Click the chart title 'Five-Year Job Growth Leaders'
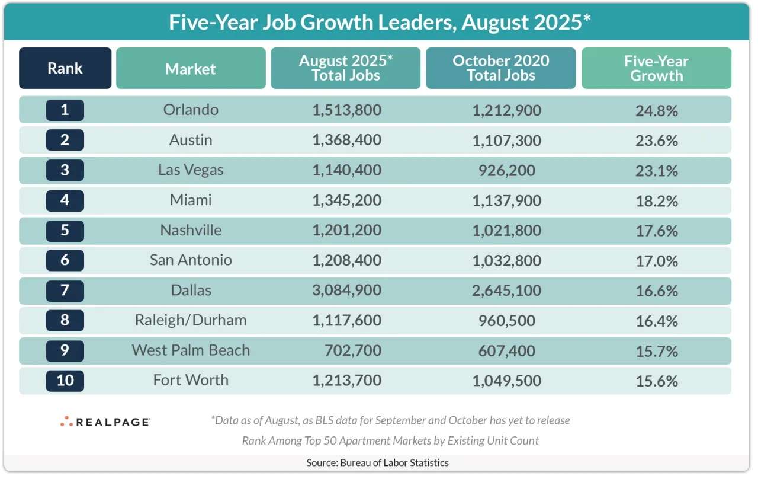click(x=380, y=22)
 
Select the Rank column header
click(x=65, y=68)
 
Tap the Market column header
click(x=191, y=69)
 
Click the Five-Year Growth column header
click(x=656, y=68)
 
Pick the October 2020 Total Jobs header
click(x=500, y=68)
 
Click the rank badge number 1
click(x=65, y=110)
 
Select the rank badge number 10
click(x=65, y=380)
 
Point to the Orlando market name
click(x=191, y=110)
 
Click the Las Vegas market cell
click(x=191, y=170)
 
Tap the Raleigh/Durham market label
click(x=191, y=320)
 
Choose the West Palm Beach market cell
click(x=191, y=350)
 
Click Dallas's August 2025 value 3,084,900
click(x=346, y=291)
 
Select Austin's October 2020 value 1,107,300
click(x=506, y=140)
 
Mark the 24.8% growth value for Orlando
click(x=656, y=110)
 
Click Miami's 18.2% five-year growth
click(x=656, y=200)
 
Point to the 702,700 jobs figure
click(x=354, y=350)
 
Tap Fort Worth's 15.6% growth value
click(x=656, y=380)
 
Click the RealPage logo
click(x=105, y=422)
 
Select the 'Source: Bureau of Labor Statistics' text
click(x=377, y=462)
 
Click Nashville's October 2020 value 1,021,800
click(x=506, y=230)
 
